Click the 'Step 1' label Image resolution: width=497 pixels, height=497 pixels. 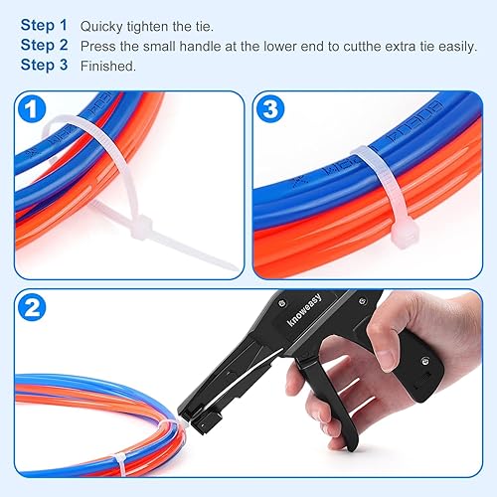coord(44,24)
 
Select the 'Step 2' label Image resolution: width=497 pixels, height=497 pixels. coord(44,45)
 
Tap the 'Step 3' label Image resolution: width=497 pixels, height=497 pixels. coord(44,66)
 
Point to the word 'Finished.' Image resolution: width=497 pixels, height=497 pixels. coord(108,67)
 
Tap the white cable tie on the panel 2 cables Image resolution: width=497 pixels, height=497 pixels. coord(119,461)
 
